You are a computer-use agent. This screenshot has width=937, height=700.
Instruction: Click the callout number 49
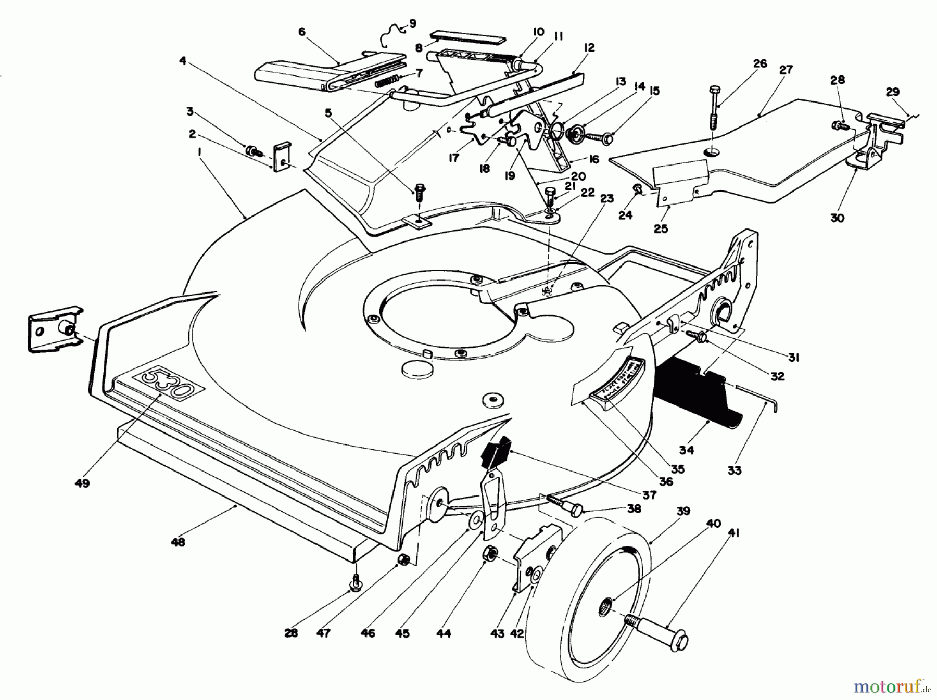[82, 483]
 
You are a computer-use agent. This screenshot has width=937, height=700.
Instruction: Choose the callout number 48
[178, 542]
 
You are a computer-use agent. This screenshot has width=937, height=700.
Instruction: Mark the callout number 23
[607, 198]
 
